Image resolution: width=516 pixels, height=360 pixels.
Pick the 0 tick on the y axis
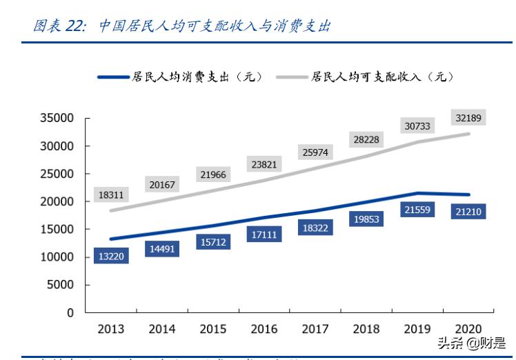[x=70, y=312]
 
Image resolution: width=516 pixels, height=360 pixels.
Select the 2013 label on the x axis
[x=111, y=329]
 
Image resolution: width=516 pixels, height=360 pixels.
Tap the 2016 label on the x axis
[x=264, y=329]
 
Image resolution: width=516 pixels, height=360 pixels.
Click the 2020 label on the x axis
[x=468, y=329]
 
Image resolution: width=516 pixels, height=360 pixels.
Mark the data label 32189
[x=469, y=118]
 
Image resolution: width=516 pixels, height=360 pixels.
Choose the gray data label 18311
[x=111, y=195]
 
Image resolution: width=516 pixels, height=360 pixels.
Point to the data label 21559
[x=417, y=209]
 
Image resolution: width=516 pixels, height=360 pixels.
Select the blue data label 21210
[x=468, y=211]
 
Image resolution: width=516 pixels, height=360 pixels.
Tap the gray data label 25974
[x=315, y=152]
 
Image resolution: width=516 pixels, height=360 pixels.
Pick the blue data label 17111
[x=264, y=235]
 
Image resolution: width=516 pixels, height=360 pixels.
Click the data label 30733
[x=417, y=126]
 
